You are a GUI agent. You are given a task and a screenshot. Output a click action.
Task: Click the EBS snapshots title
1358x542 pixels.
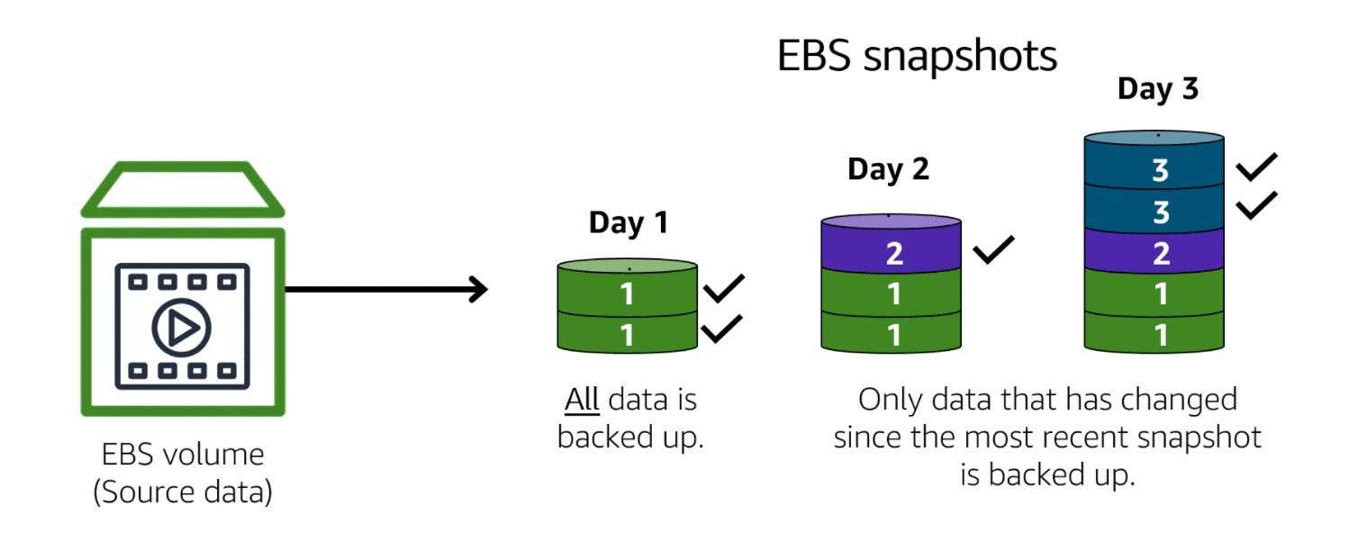pyautogui.click(x=916, y=57)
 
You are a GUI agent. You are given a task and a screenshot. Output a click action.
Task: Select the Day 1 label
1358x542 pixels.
pyautogui.click(x=629, y=222)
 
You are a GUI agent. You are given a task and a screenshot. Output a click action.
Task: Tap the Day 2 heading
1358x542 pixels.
pyautogui.click(x=888, y=169)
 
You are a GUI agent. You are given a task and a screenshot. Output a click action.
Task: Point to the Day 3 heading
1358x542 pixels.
pyautogui.click(x=1157, y=89)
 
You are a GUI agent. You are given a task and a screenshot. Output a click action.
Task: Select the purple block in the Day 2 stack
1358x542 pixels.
pyautogui.click(x=892, y=253)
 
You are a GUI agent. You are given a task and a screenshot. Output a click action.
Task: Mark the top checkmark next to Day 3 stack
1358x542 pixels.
pyautogui.click(x=1255, y=167)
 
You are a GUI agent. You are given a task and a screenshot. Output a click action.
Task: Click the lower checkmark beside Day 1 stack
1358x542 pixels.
pyautogui.click(x=721, y=330)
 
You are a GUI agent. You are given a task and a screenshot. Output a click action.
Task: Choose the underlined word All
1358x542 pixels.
pyautogui.click(x=582, y=399)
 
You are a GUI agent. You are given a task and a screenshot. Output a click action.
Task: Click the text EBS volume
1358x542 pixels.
pyautogui.click(x=182, y=454)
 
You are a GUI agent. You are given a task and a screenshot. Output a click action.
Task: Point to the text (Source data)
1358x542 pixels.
pyautogui.click(x=182, y=493)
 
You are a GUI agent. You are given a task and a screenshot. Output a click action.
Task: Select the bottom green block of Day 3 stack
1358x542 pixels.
pyautogui.click(x=1156, y=334)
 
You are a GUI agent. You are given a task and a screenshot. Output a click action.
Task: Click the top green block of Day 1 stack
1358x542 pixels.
pyautogui.click(x=628, y=294)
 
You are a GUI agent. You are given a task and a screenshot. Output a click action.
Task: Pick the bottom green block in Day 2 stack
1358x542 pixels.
pyautogui.click(x=892, y=334)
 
